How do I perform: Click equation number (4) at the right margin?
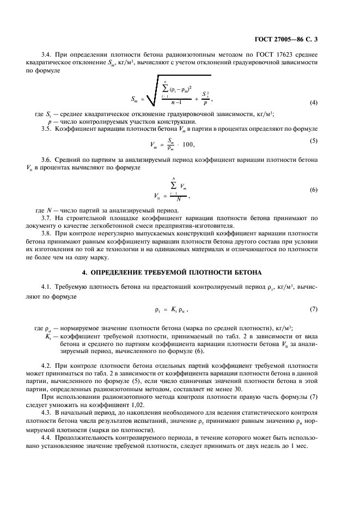tap(314, 103)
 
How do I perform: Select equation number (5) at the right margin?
tap(314, 141)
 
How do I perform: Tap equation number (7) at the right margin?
tap(314, 309)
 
